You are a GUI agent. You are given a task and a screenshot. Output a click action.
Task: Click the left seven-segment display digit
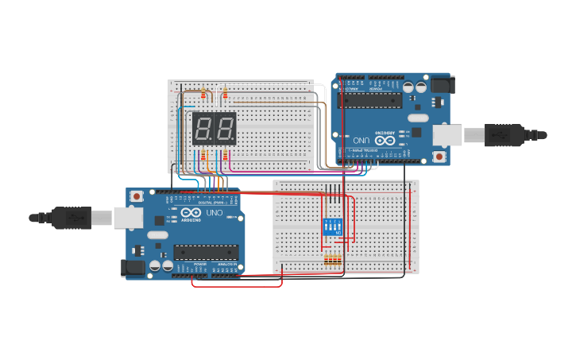click(203, 128)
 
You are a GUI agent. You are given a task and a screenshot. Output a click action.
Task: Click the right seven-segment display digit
click(225, 128)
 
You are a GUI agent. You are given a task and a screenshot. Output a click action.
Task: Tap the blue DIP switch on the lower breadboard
click(332, 226)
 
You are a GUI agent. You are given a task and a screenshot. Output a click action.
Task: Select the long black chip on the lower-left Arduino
click(206, 252)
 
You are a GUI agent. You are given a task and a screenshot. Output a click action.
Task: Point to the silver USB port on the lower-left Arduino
click(128, 217)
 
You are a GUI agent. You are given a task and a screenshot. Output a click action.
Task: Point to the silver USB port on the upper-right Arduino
click(447, 135)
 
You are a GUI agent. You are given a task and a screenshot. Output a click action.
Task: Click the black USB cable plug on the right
click(504, 135)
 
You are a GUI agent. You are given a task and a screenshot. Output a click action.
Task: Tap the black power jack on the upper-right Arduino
click(442, 84)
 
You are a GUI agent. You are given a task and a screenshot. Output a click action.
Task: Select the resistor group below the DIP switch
click(332, 260)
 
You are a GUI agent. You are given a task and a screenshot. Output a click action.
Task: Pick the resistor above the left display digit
click(203, 95)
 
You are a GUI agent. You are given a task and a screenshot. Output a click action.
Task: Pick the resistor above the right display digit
click(225, 95)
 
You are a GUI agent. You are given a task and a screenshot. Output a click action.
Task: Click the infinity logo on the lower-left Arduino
click(191, 213)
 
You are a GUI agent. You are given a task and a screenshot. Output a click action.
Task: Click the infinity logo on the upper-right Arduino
click(385, 140)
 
